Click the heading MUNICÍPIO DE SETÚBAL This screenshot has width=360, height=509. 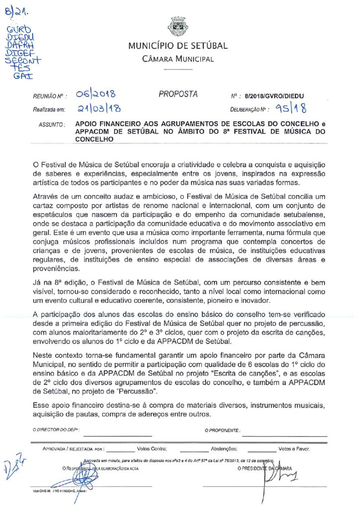[x=178, y=46]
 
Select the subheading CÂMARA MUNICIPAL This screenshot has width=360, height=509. [x=178, y=60]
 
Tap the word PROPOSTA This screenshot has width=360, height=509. [x=178, y=94]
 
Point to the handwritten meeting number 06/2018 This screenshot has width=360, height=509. [x=96, y=94]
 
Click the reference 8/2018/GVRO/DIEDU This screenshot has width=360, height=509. [x=275, y=95]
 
